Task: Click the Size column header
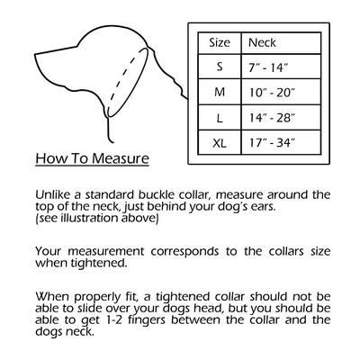coord(220,42)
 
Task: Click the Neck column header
coord(262,42)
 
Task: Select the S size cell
coord(220,67)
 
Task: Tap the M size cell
coord(220,93)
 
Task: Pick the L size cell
coord(220,118)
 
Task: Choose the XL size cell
coord(220,143)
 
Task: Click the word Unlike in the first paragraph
coord(53,194)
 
